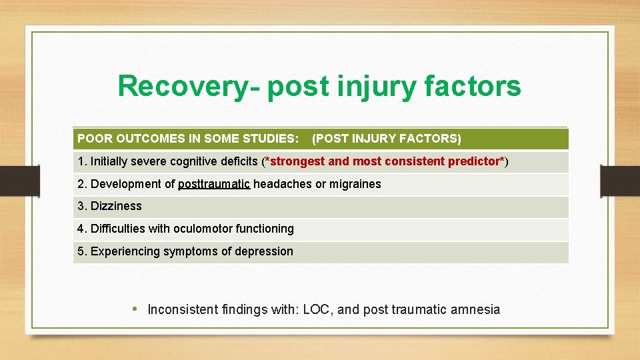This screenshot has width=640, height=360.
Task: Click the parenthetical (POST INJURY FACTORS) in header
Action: pyautogui.click(x=386, y=139)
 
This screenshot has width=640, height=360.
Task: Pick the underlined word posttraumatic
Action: pyautogui.click(x=214, y=184)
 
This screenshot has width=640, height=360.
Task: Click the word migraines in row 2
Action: pyautogui.click(x=355, y=184)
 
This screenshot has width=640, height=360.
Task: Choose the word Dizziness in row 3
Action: pyautogui.click(x=116, y=206)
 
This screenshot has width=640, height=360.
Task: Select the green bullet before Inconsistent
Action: pyautogui.click(x=135, y=309)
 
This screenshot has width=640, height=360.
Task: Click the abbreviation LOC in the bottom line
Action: pyautogui.click(x=317, y=309)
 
